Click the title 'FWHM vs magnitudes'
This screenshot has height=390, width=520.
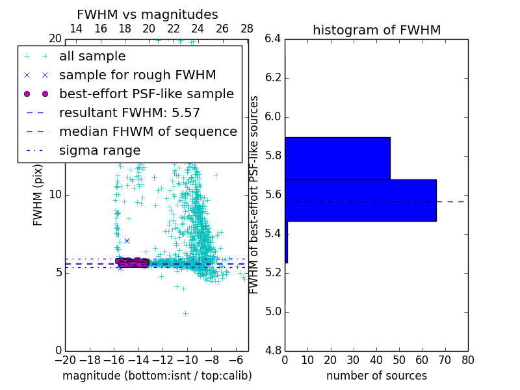click(148, 15)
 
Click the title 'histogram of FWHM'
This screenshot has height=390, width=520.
click(376, 31)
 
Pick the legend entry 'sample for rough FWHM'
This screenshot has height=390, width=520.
click(137, 75)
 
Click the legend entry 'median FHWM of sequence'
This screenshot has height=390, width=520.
click(148, 131)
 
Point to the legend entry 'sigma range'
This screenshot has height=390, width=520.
click(99, 150)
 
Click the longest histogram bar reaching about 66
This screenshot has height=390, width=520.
click(361, 200)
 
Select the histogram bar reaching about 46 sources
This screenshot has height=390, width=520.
click(337, 158)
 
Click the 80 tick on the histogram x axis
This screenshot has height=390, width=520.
click(467, 359)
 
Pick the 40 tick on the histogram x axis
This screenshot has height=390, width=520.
click(376, 359)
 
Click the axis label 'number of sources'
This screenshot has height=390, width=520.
click(376, 376)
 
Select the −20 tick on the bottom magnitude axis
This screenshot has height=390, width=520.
click(65, 359)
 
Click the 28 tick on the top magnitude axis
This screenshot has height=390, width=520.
click(247, 29)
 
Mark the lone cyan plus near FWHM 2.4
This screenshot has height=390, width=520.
click(185, 313)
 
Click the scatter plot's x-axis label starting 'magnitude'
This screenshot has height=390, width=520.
click(157, 376)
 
